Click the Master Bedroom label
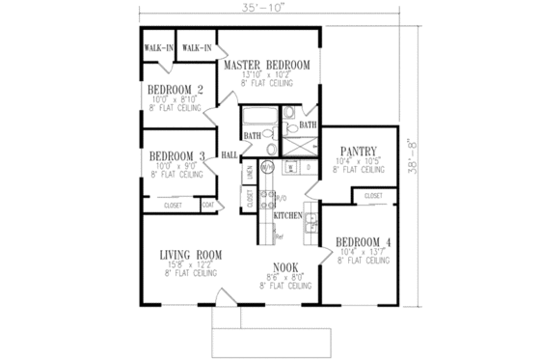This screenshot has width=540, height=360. pos(267,65)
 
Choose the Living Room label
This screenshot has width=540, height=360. pos(191,256)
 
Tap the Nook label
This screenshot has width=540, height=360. pos(284,267)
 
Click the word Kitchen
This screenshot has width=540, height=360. pos(286,216)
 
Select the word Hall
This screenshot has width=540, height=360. pos(229,154)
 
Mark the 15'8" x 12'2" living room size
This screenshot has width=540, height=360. pos(191,265)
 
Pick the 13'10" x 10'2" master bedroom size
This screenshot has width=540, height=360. pos(267,74)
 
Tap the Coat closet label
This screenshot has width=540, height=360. pos(207,205)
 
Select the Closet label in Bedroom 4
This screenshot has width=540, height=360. pos(373,197)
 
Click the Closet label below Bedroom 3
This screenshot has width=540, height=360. pos(173,205)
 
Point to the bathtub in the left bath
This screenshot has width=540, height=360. pos(259,122)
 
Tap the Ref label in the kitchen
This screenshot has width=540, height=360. pos(280,235)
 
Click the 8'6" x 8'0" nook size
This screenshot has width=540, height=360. pos(284,277)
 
